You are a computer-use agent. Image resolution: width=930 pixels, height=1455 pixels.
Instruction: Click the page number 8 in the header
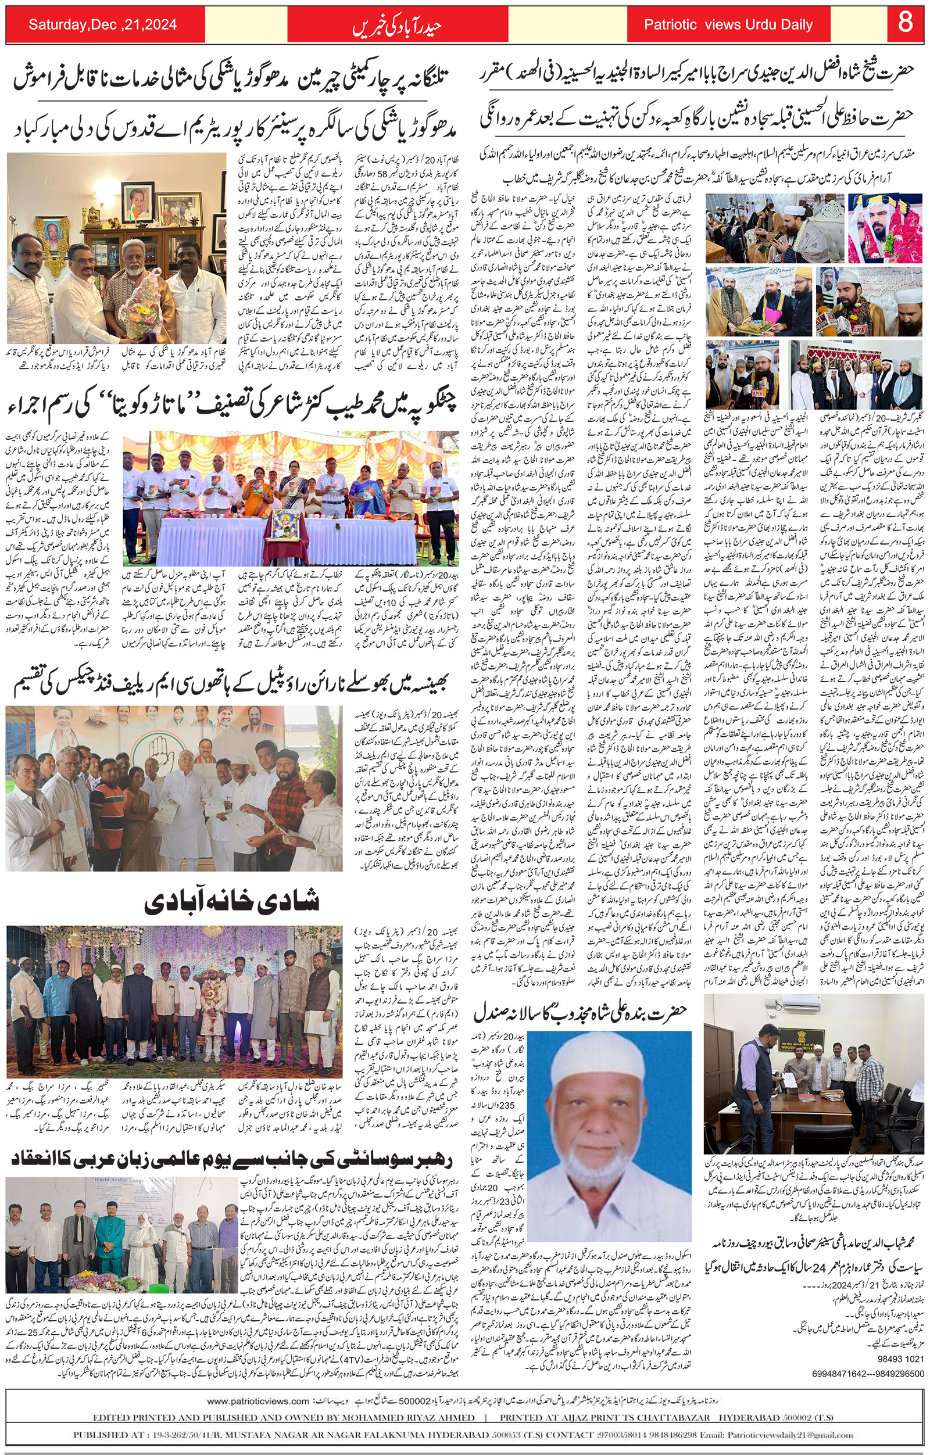pyautogui.click(x=904, y=24)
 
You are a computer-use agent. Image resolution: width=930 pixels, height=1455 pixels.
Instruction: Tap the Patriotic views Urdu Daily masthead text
pyautogui.click(x=728, y=25)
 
